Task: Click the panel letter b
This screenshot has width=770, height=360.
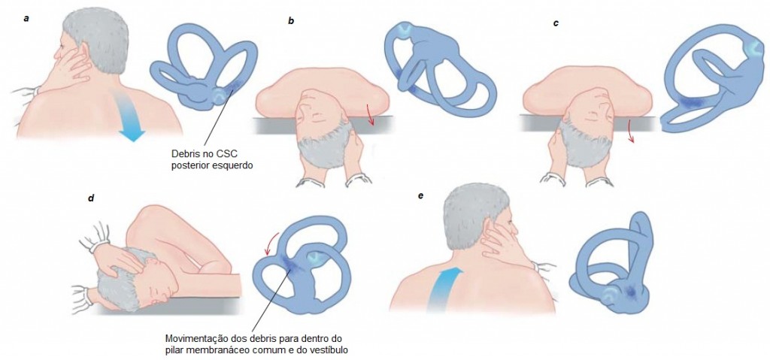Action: coord(291,22)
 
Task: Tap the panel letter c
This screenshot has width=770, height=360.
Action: coord(556,23)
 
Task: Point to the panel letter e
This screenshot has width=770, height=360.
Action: coord(421,195)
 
